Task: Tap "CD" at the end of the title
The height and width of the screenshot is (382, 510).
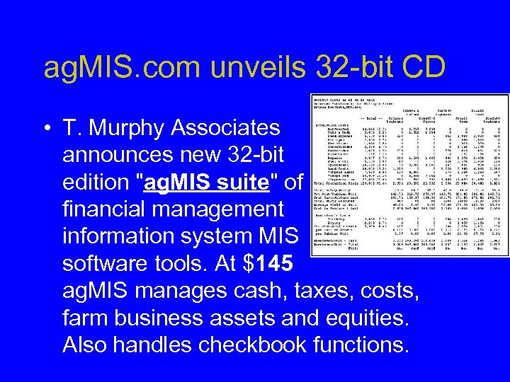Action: (422, 68)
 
